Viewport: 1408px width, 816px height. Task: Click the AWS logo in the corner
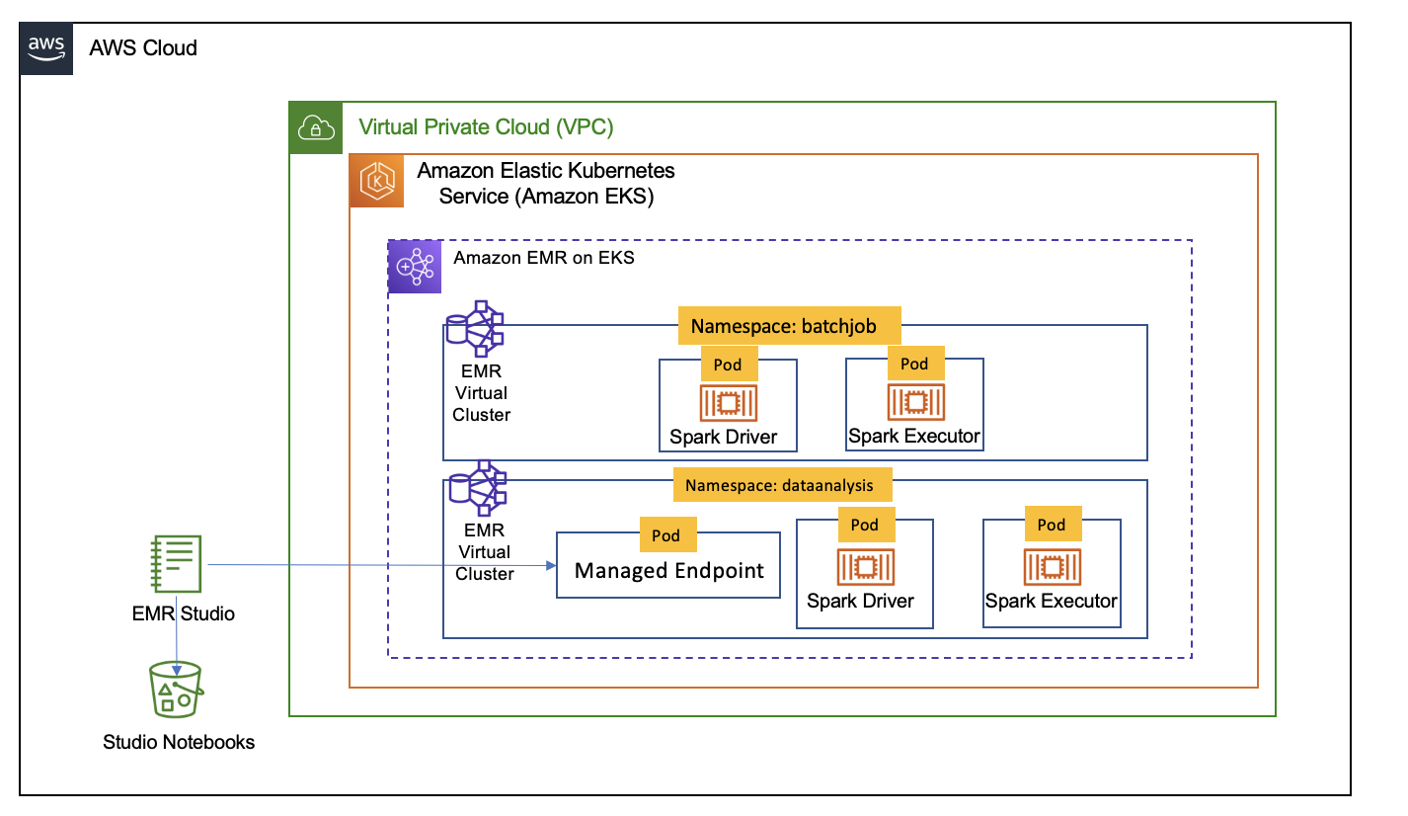click(x=46, y=47)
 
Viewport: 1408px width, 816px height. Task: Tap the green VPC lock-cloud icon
click(x=314, y=127)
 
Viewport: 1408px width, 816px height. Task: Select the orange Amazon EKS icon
click(x=377, y=181)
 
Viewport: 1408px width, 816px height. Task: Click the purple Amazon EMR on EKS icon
click(x=415, y=267)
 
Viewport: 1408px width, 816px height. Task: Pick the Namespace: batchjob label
click(x=790, y=326)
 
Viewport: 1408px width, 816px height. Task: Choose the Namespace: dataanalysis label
click(x=781, y=485)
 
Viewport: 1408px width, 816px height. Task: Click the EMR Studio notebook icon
click(x=177, y=565)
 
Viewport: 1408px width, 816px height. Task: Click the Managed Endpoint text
click(x=668, y=571)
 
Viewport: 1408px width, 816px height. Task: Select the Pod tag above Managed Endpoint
click(x=666, y=535)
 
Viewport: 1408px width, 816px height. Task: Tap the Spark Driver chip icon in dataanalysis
click(x=864, y=566)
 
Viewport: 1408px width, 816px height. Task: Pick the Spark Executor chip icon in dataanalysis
click(x=1052, y=566)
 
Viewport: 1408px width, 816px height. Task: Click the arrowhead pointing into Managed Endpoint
click(x=550, y=566)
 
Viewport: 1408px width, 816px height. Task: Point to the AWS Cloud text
click(x=143, y=47)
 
